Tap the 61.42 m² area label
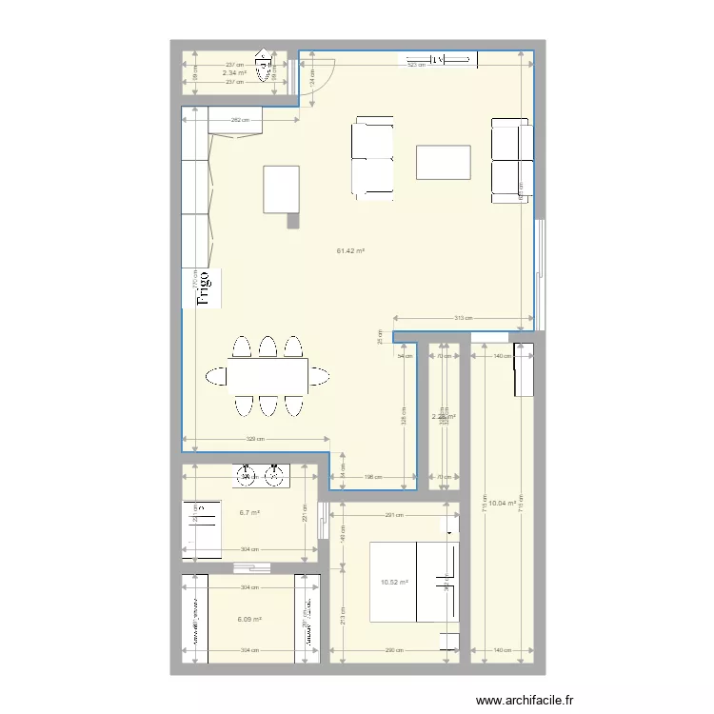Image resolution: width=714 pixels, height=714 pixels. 351,251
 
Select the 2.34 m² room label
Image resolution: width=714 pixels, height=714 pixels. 234,72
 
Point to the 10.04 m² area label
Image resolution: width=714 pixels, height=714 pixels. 502,504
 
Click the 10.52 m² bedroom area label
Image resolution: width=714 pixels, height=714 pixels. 394,583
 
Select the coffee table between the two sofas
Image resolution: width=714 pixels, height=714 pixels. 443,162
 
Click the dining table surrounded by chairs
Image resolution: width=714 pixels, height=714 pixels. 267,375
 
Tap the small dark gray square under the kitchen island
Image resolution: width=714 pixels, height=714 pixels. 293,221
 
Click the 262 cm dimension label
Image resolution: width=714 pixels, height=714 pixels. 240,120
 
